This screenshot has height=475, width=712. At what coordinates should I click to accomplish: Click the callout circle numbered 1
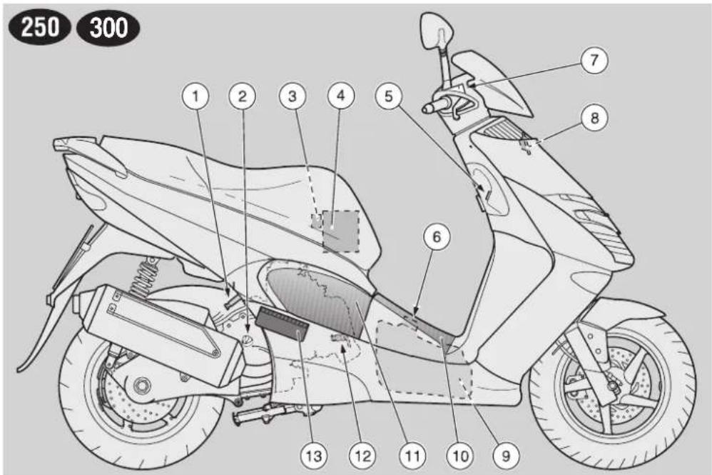coord(195,96)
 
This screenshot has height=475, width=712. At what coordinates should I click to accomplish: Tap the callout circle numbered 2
coord(243,96)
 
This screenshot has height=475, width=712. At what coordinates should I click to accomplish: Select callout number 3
coord(293,96)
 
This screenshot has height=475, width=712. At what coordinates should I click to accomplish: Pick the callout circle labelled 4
coord(340,96)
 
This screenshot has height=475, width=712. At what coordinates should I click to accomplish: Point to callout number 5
coord(389,96)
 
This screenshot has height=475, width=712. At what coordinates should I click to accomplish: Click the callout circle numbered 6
coord(437,237)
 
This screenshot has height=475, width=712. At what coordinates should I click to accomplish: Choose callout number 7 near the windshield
coord(594,59)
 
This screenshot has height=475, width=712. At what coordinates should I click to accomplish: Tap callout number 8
coord(594,118)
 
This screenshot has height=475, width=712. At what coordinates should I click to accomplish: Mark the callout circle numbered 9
coord(506,456)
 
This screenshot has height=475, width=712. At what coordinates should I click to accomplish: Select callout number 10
coord(460,456)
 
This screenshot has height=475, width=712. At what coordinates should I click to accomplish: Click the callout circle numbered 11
coord(412,456)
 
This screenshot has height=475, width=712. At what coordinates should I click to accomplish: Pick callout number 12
coord(362,456)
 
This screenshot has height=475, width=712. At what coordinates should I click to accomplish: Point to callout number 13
coord(314,456)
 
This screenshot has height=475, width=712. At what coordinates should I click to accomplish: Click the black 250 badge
coord(40,28)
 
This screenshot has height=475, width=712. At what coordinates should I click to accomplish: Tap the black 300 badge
coord(108,28)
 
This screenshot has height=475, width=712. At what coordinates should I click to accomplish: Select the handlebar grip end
coord(427,109)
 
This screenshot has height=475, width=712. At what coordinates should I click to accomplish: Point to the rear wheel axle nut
coord(142,386)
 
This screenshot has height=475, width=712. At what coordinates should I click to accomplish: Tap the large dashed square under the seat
coord(340,231)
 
